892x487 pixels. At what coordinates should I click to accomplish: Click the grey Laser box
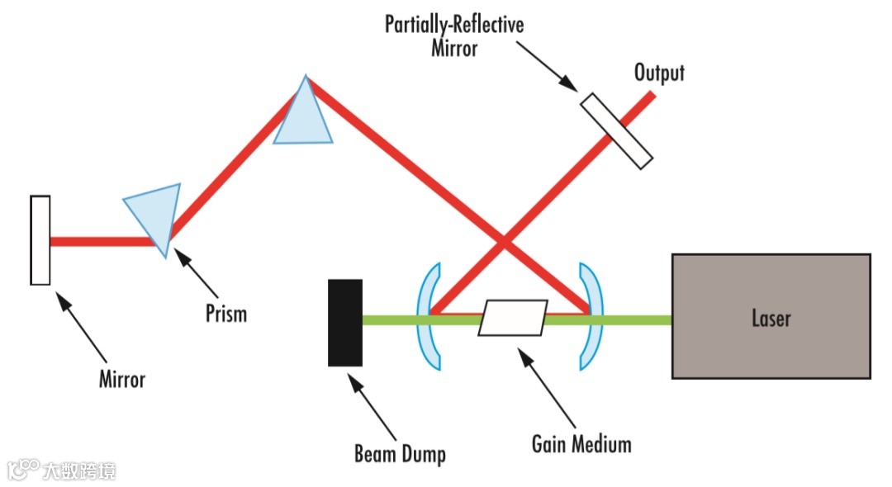pyautogui.click(x=771, y=316)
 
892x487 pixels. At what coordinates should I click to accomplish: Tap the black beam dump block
pyautogui.click(x=345, y=322)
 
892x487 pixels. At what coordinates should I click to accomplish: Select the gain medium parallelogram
pyautogui.click(x=513, y=318)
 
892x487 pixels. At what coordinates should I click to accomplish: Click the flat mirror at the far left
pyautogui.click(x=40, y=240)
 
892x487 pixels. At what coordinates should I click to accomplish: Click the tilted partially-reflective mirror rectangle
pyautogui.click(x=616, y=131)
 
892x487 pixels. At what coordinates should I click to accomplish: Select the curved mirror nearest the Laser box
pyautogui.click(x=590, y=315)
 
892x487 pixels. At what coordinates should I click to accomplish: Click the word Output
pyautogui.click(x=659, y=73)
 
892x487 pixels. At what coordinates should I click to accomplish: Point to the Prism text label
pyautogui.click(x=226, y=314)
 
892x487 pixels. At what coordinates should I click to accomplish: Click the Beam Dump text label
pyautogui.click(x=400, y=453)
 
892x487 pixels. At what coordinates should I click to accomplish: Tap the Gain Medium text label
pyautogui.click(x=581, y=444)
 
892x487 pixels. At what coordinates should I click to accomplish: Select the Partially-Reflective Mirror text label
pyautogui.click(x=454, y=35)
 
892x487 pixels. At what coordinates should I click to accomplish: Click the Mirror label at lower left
pyautogui.click(x=122, y=380)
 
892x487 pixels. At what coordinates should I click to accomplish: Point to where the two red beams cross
pyautogui.click(x=503, y=242)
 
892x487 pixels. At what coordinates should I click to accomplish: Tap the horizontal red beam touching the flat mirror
pyautogui.click(x=103, y=242)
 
